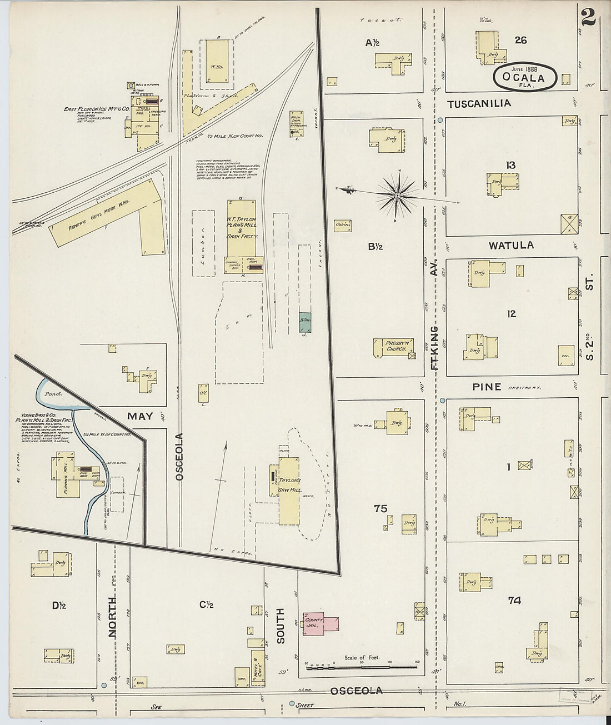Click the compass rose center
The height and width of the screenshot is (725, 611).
click(398, 196)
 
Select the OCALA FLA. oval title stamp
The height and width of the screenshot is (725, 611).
click(524, 77)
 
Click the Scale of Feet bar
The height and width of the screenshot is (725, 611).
click(361, 664)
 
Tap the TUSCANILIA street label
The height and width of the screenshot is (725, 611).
click(479, 103)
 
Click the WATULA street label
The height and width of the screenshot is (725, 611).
click(510, 245)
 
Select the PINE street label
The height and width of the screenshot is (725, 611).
click(486, 387)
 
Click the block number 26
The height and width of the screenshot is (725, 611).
click(520, 40)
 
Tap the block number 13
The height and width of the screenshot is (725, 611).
click(510, 164)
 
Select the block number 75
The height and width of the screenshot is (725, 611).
click(380, 508)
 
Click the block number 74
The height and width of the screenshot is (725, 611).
click(514, 600)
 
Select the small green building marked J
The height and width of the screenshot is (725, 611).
click(305, 321)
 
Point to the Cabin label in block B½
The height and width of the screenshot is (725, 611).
click(342, 225)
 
